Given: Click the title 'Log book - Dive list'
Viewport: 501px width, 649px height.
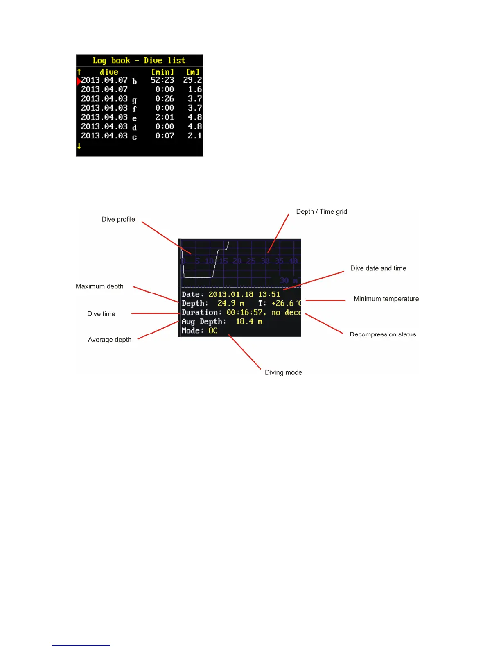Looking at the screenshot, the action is (139, 61).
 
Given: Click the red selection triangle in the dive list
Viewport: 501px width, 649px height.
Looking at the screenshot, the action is (79, 81).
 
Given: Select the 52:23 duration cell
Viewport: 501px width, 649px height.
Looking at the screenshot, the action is (162, 80).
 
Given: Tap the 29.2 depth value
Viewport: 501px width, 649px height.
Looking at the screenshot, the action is (192, 80).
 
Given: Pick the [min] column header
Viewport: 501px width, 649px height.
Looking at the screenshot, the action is (162, 72).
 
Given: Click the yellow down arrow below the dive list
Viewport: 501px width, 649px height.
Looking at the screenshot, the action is (79, 146).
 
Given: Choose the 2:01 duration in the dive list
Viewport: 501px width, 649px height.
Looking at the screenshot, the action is (165, 117).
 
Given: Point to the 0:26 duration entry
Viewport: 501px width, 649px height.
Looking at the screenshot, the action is (165, 99).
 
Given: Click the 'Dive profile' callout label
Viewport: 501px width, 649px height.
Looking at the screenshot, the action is (118, 219).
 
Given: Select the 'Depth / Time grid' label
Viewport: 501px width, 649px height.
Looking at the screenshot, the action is (321, 211).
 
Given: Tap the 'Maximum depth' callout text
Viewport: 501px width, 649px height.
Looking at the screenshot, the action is (99, 286).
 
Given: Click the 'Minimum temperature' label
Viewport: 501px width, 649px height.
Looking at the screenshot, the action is (386, 299).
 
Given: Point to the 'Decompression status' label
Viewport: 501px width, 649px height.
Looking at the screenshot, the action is (383, 334).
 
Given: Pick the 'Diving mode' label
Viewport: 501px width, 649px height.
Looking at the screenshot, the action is (283, 372).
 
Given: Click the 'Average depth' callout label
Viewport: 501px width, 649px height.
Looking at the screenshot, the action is (110, 340).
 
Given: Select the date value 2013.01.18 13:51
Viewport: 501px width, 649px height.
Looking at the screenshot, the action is (244, 294).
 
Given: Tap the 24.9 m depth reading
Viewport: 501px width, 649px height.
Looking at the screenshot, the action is (230, 303).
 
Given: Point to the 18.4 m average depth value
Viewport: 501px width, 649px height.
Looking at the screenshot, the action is (249, 322).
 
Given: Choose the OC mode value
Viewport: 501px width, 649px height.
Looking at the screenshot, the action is (213, 331).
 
